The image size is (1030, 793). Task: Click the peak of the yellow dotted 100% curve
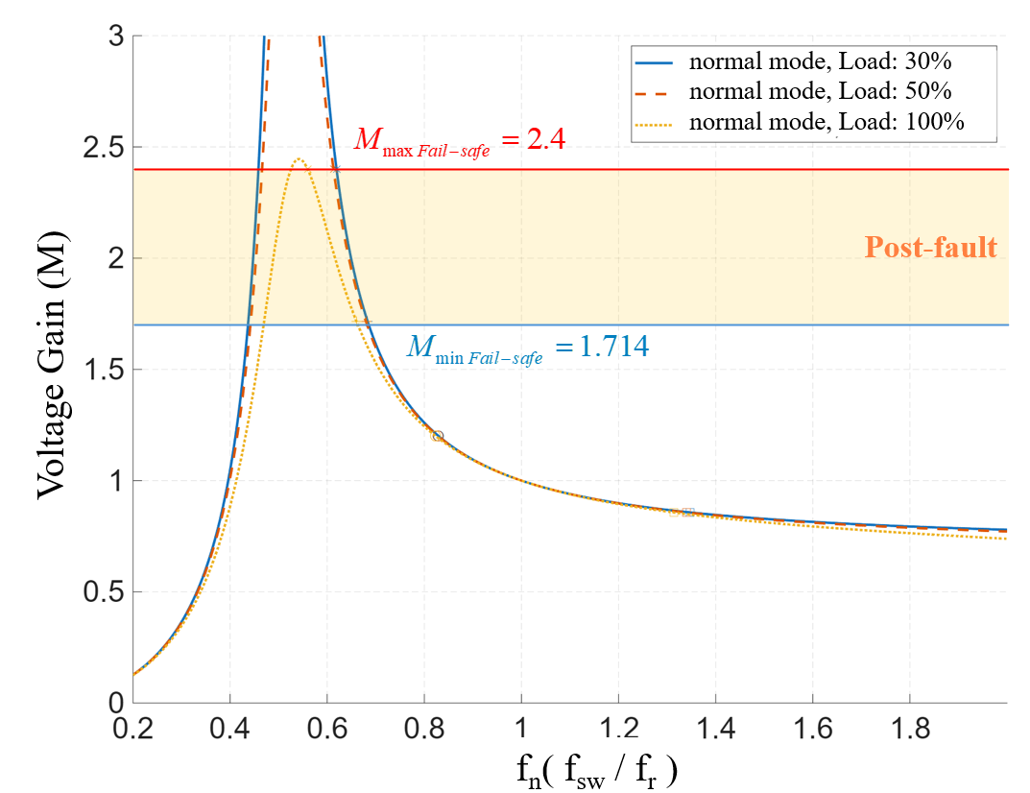[299, 159]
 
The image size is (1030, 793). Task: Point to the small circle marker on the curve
[438, 436]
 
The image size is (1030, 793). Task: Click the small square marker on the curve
[687, 513]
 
